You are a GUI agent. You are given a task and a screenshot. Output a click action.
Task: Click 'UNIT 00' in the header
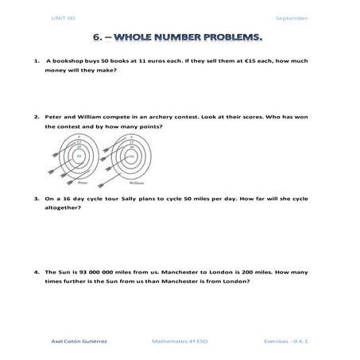[x=63, y=17]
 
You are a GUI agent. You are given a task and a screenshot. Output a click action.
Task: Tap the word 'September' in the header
[x=292, y=17]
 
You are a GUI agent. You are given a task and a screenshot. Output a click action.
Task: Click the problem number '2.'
[x=37, y=116]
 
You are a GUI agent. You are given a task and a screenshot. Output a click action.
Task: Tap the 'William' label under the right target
[x=135, y=182]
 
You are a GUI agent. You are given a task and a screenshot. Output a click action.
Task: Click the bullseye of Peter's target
[x=79, y=157]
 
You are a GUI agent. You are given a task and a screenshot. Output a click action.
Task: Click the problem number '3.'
[x=37, y=198]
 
